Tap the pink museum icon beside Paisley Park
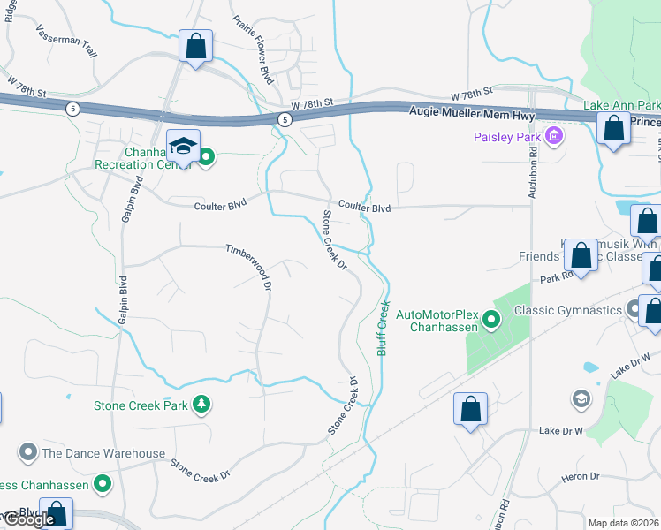(x=554, y=136)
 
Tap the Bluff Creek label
(x=384, y=328)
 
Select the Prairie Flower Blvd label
(x=252, y=50)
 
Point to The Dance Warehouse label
(x=103, y=453)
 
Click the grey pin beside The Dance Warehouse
(x=28, y=453)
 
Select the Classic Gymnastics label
(x=567, y=309)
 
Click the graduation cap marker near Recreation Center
(x=184, y=146)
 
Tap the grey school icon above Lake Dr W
(x=581, y=399)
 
